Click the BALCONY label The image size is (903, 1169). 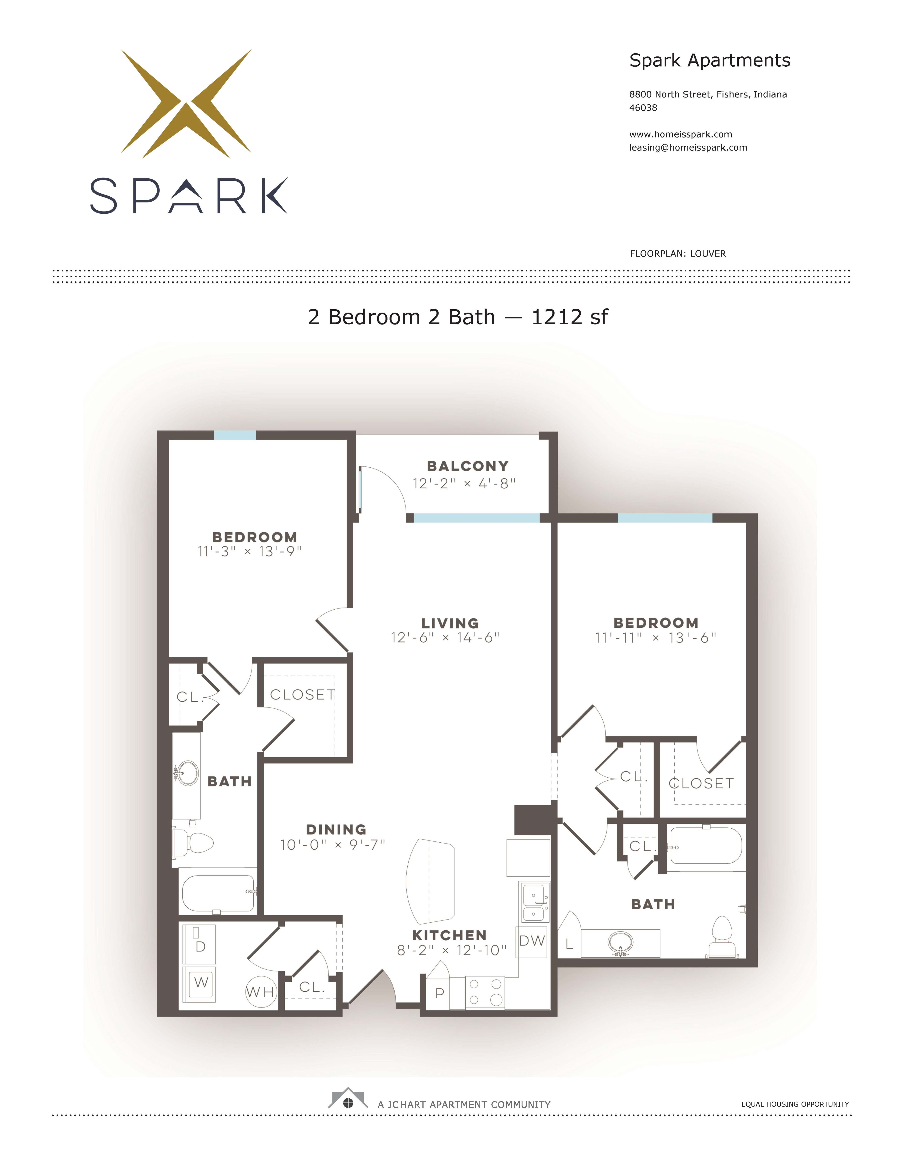tap(467, 466)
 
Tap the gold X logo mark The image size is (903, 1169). tap(186, 103)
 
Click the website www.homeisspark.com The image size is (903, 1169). tap(680, 134)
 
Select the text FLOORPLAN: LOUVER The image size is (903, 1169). tap(678, 254)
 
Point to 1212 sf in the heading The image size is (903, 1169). tap(569, 317)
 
